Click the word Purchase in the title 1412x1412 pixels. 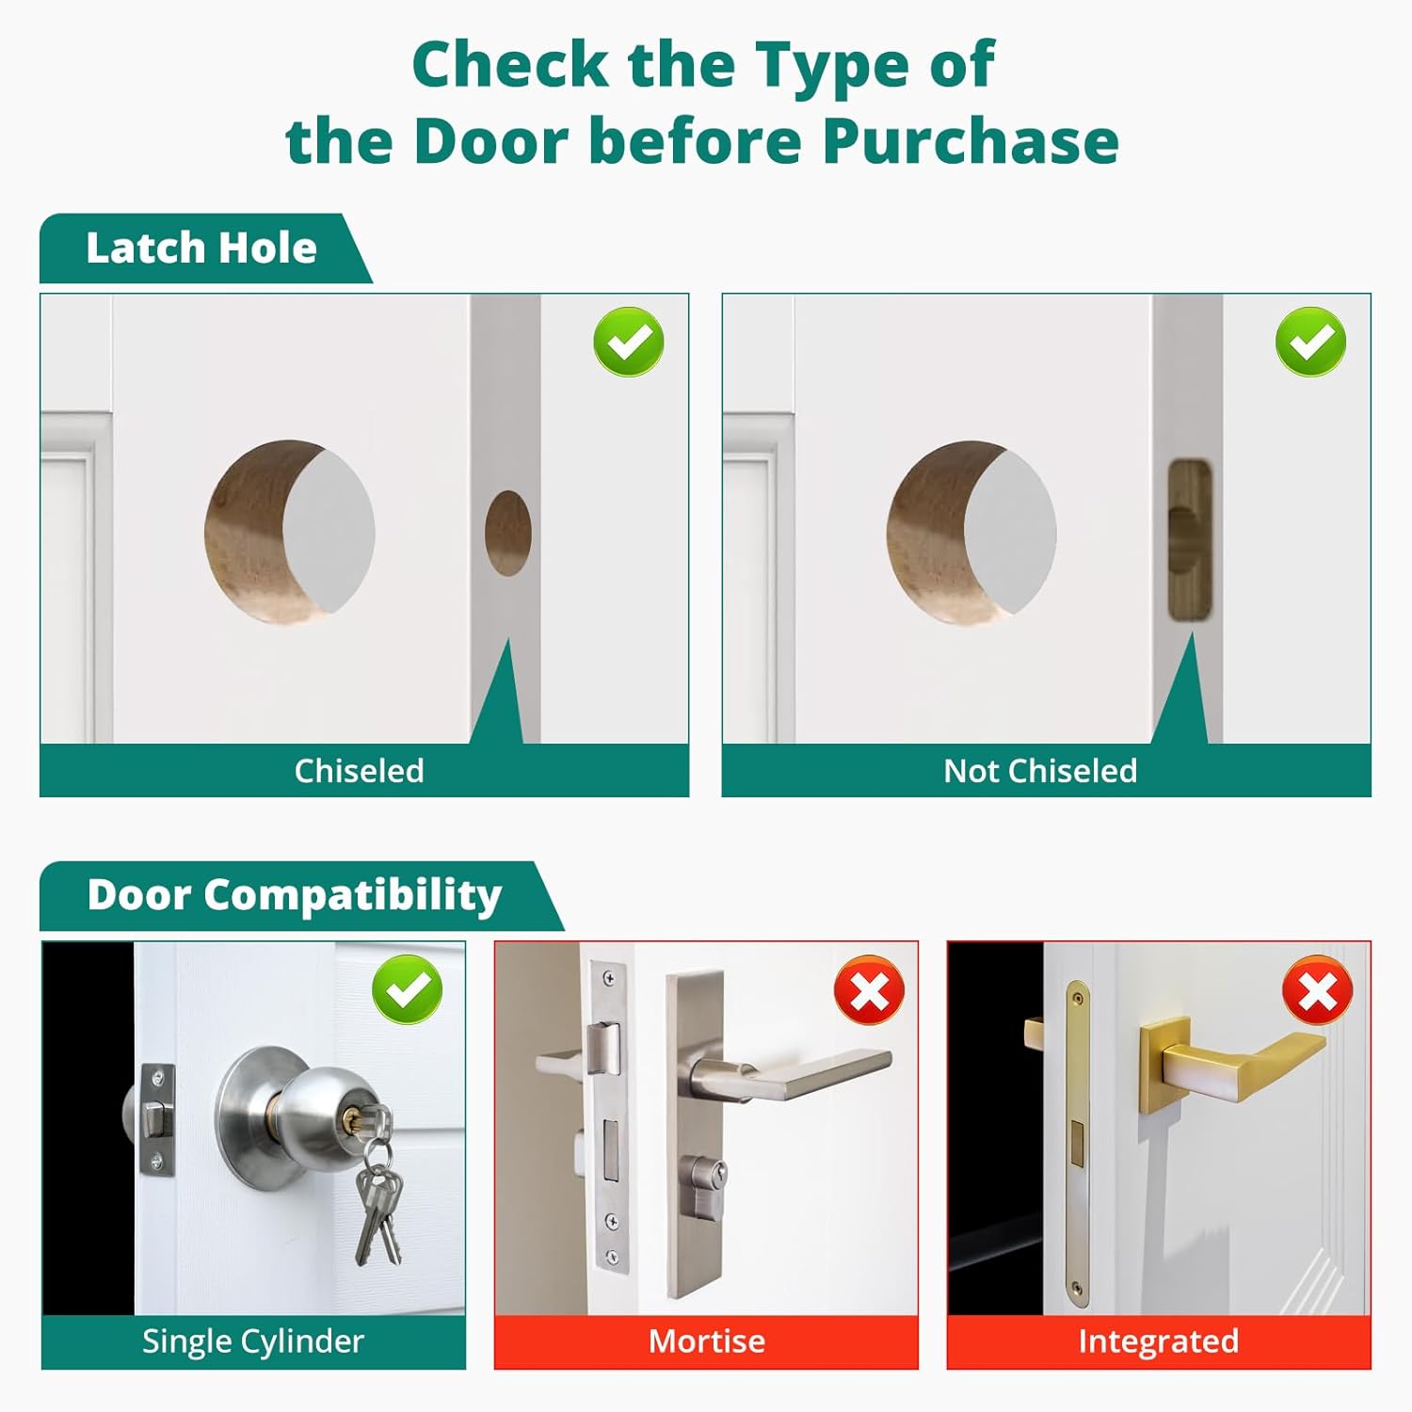(x=970, y=141)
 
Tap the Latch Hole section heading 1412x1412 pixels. (x=201, y=249)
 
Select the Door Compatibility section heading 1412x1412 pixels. (x=294, y=895)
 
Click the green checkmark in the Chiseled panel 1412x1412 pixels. (x=628, y=341)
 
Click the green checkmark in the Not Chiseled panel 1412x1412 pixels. (x=1310, y=341)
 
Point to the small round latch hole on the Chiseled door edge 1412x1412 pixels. (x=508, y=532)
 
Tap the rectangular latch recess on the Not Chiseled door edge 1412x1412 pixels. (x=1189, y=539)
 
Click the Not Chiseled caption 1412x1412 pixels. (x=1040, y=771)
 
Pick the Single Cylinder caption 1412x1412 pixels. (x=252, y=1341)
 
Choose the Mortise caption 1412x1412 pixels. (x=706, y=1341)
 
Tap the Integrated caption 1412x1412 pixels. (x=1158, y=1341)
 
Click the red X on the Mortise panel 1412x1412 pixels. (x=869, y=990)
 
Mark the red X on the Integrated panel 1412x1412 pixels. (x=1317, y=990)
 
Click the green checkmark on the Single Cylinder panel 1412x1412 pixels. (x=407, y=988)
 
